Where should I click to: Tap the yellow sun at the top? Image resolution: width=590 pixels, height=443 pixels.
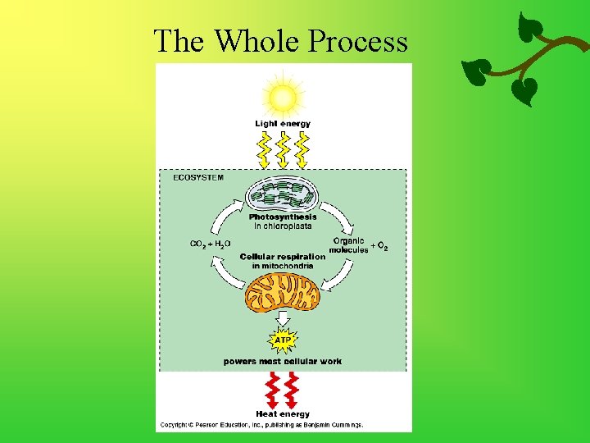[x=283, y=98]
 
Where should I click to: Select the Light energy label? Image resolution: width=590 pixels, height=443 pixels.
[x=283, y=124]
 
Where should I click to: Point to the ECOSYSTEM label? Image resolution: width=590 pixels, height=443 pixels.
[x=197, y=176]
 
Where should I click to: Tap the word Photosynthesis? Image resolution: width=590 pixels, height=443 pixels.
[x=283, y=217]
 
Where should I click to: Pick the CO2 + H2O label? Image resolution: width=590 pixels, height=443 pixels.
[x=211, y=244]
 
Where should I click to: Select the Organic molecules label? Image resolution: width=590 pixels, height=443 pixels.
[x=349, y=245]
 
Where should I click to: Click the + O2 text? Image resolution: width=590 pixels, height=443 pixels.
[x=379, y=246]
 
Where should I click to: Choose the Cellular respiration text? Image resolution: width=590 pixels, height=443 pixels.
[x=283, y=257]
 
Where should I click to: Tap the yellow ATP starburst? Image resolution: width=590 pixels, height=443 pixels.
[x=283, y=338]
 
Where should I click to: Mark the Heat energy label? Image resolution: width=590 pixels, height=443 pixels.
[x=283, y=414]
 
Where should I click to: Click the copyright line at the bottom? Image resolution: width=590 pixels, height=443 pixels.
[x=261, y=425]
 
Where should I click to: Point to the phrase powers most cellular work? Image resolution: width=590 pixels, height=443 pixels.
[x=283, y=361]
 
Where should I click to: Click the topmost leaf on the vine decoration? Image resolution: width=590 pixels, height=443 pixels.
[x=533, y=26]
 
